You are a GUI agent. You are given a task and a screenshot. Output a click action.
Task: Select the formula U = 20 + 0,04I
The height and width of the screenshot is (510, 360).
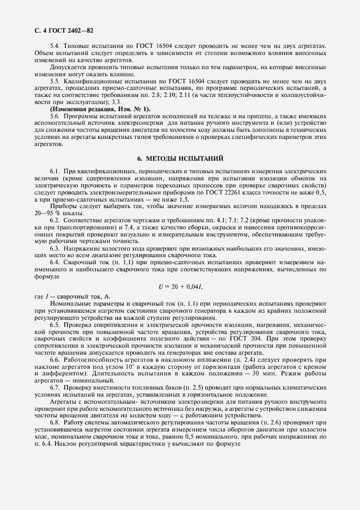click(x=181, y=286)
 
